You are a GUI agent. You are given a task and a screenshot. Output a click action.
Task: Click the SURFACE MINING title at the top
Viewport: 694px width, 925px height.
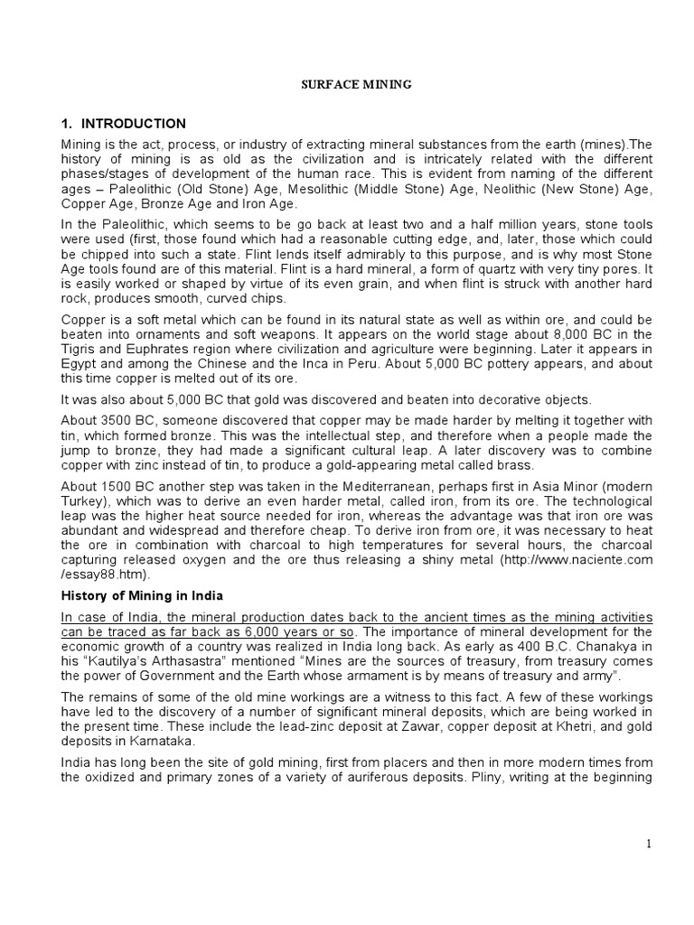click(355, 84)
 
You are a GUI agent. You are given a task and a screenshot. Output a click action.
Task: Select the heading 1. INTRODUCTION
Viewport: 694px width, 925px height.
click(124, 124)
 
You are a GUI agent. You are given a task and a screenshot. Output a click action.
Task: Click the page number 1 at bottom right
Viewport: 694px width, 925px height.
click(648, 844)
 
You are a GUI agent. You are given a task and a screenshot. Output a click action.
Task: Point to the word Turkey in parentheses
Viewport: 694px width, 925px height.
click(83, 524)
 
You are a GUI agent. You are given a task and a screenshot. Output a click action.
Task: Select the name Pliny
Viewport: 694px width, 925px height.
click(508, 774)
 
